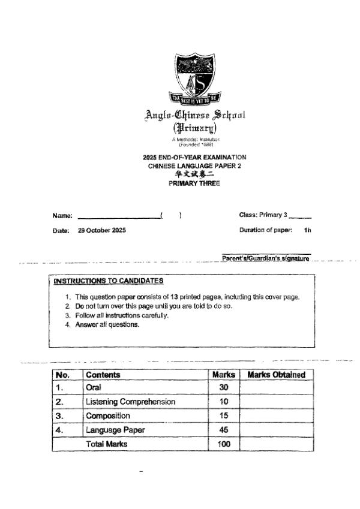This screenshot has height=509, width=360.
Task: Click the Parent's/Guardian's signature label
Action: [266, 258]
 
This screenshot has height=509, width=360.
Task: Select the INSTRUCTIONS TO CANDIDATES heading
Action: [109, 281]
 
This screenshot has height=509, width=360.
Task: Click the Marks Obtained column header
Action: [276, 375]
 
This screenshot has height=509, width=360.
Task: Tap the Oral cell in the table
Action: [93, 388]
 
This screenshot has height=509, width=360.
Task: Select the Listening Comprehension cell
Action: [130, 402]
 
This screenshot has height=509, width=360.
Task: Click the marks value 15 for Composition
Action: [224, 415]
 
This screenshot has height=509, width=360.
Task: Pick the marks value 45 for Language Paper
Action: [224, 430]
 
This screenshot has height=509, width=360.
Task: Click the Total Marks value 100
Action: [224, 444]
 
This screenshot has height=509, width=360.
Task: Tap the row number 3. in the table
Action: [60, 415]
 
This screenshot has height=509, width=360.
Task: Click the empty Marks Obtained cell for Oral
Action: [276, 388]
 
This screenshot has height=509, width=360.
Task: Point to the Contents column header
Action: [103, 375]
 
